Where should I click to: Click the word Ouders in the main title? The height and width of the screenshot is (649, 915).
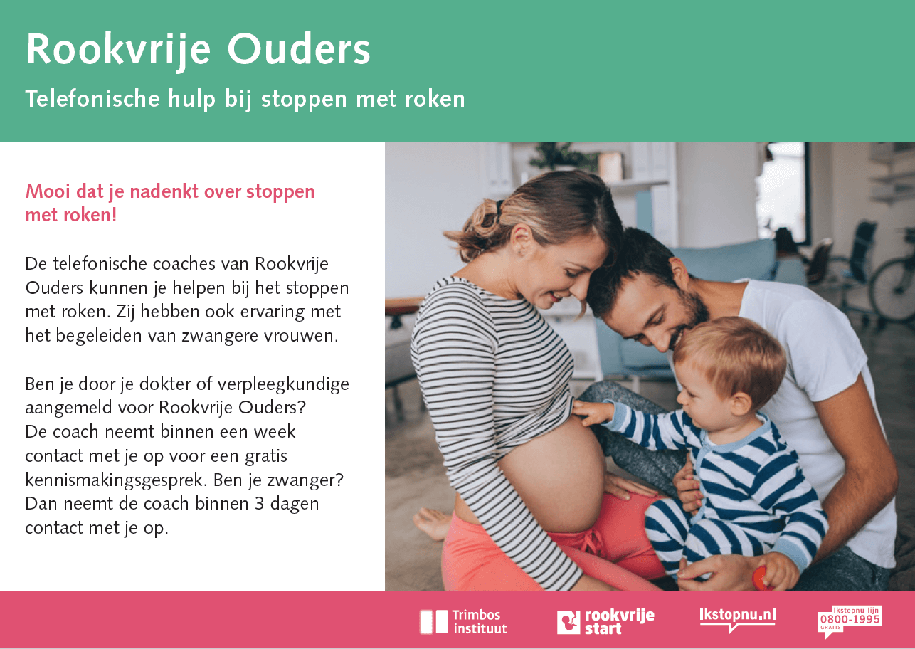click(x=299, y=49)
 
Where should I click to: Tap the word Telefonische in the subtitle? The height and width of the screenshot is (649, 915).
click(x=92, y=99)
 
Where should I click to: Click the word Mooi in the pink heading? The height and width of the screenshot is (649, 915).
click(x=48, y=191)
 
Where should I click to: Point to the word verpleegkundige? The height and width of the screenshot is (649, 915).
click(x=283, y=385)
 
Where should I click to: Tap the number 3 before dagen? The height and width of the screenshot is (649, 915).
click(x=260, y=504)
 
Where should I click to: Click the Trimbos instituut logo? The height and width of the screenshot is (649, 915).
click(x=463, y=622)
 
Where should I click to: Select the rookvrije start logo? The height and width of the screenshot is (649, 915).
click(x=605, y=622)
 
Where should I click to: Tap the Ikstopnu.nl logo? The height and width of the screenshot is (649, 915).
click(x=737, y=619)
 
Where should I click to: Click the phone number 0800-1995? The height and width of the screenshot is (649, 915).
click(x=850, y=619)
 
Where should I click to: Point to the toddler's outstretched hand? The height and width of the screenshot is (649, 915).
click(x=589, y=413)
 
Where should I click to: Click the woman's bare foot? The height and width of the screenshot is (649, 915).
click(x=432, y=523)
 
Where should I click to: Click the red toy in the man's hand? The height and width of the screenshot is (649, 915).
click(x=761, y=579)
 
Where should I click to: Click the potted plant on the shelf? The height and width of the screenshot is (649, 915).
click(x=552, y=156)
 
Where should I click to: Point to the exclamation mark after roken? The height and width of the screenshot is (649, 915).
click(x=114, y=215)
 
